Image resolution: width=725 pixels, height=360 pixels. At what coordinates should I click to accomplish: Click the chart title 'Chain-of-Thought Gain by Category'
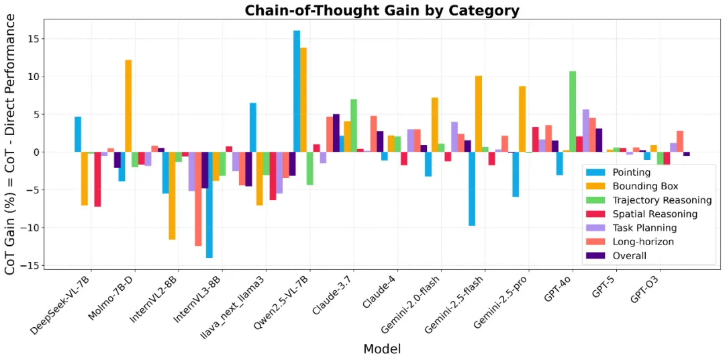381,10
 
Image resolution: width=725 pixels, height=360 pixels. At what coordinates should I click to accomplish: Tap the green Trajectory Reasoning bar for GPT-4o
573,111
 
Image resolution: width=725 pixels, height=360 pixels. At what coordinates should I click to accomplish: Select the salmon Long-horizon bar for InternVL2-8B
198,198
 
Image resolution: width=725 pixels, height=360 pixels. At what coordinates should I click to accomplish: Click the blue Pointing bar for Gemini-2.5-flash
472,189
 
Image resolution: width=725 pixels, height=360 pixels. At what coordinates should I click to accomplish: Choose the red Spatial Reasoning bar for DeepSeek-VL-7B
97,179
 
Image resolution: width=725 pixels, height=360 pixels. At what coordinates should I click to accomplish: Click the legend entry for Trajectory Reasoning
662,200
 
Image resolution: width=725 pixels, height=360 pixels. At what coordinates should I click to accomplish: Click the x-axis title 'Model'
381,349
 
